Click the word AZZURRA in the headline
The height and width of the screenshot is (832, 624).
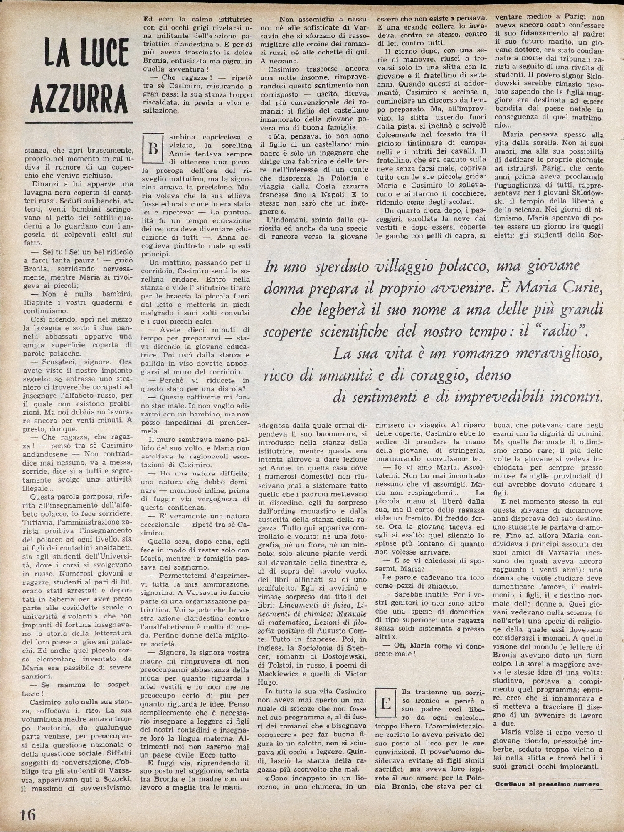tap(79, 99)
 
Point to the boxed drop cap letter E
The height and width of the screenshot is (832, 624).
tap(385, 704)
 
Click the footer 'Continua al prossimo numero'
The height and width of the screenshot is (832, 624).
tap(547, 784)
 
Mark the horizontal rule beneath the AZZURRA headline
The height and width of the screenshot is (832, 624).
tap(79, 122)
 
